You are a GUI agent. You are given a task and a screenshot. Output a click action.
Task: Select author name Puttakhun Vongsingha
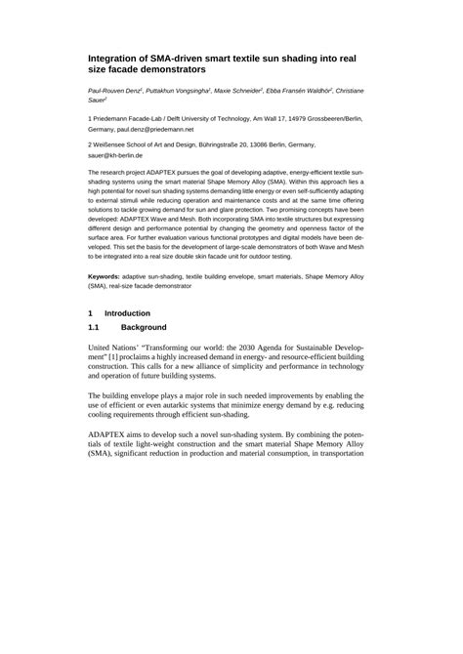(177, 90)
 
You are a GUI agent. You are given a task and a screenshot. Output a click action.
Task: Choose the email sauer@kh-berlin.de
(115, 154)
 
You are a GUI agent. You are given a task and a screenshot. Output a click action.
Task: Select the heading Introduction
(127, 313)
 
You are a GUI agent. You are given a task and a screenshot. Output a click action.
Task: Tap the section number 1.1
(96, 327)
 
